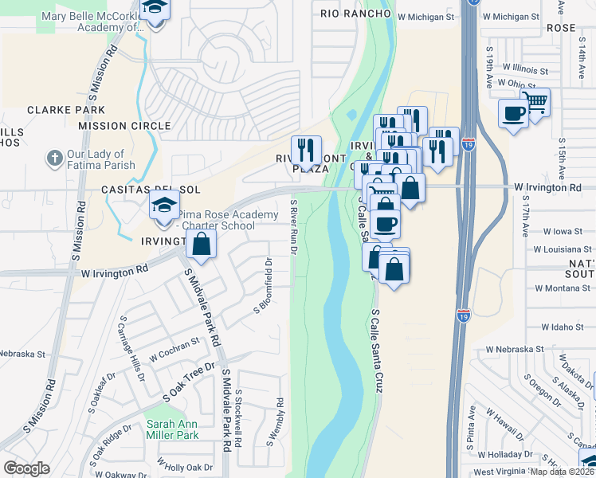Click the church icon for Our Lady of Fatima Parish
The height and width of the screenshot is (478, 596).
[x=55, y=159]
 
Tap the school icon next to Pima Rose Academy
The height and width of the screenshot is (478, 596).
[x=164, y=208]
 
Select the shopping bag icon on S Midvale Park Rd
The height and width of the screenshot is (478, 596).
[x=201, y=244]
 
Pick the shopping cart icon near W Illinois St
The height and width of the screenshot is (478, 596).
[x=535, y=103]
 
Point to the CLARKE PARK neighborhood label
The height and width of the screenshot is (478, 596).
[x=60, y=111]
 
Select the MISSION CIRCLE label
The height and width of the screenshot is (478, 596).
[x=124, y=126]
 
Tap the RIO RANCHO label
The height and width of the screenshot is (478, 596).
[x=356, y=14]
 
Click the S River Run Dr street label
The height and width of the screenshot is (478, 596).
[x=294, y=227]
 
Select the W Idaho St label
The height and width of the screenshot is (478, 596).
[x=563, y=327]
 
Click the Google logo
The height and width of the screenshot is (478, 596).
[x=26, y=468]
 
